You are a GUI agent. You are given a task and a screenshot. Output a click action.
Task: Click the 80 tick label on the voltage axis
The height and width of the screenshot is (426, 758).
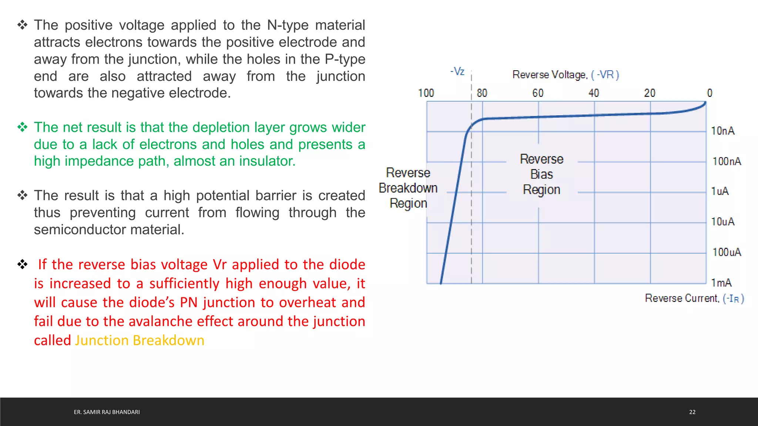482,93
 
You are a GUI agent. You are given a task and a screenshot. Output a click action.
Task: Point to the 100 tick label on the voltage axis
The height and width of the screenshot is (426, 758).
426,93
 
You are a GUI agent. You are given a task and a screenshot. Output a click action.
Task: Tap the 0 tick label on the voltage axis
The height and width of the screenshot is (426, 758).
709,93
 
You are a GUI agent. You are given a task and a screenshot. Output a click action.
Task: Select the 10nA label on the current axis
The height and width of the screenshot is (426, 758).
722,131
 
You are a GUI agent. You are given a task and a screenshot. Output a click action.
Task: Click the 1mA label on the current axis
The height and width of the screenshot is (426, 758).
721,283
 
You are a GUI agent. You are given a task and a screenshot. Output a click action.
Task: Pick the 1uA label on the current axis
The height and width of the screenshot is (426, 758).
720,191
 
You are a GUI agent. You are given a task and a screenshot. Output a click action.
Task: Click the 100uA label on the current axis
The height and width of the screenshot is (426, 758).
727,252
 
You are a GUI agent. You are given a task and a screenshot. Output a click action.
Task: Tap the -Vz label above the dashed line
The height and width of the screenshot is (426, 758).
457,71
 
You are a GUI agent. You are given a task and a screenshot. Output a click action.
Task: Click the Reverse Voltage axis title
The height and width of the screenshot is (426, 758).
565,75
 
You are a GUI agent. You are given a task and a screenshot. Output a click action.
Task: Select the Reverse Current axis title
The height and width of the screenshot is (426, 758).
694,298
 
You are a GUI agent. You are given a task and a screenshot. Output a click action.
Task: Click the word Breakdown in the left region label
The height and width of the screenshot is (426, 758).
408,188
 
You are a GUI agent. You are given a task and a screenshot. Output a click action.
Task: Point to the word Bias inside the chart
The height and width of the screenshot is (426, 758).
541,174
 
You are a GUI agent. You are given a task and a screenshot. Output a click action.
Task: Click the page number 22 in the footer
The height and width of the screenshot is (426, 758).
692,412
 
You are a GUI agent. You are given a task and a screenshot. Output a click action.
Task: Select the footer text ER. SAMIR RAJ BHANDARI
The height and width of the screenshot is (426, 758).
107,412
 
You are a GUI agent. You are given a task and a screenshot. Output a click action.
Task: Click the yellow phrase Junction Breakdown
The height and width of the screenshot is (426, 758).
140,340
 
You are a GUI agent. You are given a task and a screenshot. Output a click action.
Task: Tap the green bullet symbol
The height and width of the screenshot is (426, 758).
23,127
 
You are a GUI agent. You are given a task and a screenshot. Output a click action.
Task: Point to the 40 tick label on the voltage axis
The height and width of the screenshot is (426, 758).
594,93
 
